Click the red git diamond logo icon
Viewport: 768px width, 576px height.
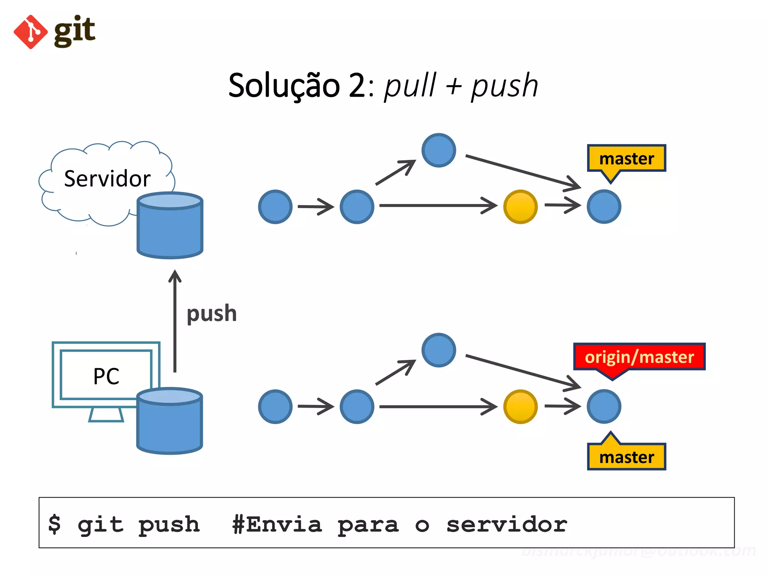[31, 32]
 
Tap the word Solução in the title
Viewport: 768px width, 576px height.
[284, 85]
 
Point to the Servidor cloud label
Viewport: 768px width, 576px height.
[107, 178]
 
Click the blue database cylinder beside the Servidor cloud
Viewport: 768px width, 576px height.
[170, 225]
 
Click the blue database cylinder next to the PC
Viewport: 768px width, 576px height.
[169, 421]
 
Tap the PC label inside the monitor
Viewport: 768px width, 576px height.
[106, 376]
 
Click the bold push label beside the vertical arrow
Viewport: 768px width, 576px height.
[212, 313]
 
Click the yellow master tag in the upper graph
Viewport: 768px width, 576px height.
[626, 159]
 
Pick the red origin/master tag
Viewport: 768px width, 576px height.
[639, 357]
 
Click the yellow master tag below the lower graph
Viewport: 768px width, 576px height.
[626, 457]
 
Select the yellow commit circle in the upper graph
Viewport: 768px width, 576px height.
[520, 207]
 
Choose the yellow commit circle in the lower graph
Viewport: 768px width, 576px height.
[520, 406]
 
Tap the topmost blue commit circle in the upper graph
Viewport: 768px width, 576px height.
[438, 150]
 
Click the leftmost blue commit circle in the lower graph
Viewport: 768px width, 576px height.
[275, 406]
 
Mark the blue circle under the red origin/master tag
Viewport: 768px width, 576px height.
[604, 406]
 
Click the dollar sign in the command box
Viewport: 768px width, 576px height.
[55, 523]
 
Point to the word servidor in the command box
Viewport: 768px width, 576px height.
[507, 524]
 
